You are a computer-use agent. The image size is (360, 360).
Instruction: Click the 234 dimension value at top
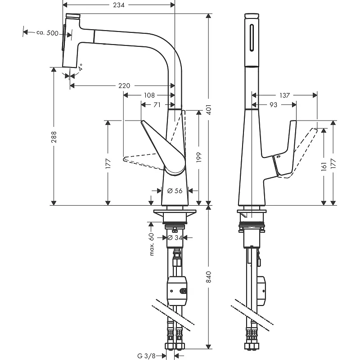[x=119, y=5]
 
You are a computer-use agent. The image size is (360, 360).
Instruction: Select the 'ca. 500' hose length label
[x=47, y=33]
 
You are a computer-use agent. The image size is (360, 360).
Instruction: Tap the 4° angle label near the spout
[x=81, y=67]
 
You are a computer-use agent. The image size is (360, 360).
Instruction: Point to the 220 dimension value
[x=124, y=85]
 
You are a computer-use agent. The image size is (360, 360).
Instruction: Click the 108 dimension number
[x=149, y=95]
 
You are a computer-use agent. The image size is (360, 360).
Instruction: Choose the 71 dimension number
[x=157, y=105]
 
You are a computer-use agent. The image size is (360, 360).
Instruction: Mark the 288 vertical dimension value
[x=54, y=137]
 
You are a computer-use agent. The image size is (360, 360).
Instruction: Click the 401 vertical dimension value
[x=209, y=109]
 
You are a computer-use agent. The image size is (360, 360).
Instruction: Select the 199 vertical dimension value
[x=199, y=157]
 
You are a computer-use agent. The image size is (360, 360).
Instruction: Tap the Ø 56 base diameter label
[x=175, y=190]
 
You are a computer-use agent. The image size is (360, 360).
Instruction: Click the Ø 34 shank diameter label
[x=175, y=238]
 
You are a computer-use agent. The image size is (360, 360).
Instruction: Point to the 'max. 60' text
[x=152, y=244]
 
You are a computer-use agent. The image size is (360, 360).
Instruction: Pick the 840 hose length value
[x=209, y=277]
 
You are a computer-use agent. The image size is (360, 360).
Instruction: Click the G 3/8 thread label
[x=147, y=356]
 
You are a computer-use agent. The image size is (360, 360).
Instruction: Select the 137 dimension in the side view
[x=285, y=95]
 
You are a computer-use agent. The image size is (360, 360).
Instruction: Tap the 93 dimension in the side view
[x=273, y=105]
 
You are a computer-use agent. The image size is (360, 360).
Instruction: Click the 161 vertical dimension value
[x=324, y=166]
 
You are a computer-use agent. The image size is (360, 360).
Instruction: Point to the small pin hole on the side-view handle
[x=279, y=157]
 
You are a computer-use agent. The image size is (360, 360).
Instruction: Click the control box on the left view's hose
[x=177, y=291]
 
